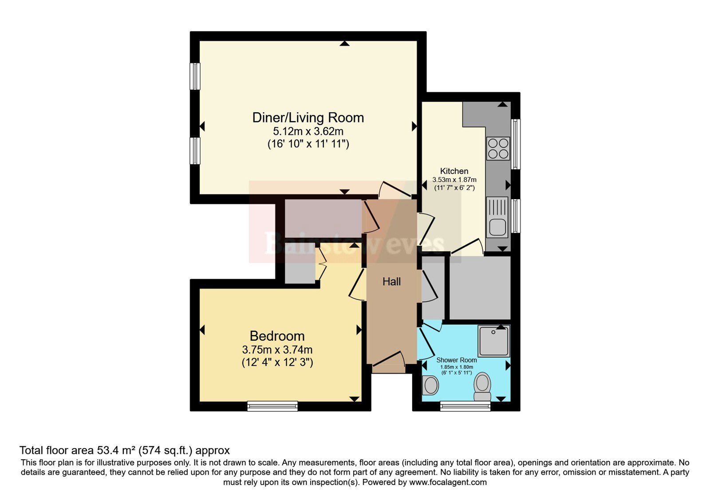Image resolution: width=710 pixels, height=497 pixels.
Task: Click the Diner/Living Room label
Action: (x=308, y=118)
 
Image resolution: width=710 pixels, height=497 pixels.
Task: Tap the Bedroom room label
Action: (x=277, y=336)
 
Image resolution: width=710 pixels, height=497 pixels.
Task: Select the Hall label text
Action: (x=391, y=281)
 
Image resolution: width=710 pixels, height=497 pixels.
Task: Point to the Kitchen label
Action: (x=454, y=171)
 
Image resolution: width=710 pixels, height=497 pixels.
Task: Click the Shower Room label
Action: (x=457, y=360)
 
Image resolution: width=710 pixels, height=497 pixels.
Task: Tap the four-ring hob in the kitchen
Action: (x=498, y=148)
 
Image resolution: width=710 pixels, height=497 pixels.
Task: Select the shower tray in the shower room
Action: (x=494, y=341)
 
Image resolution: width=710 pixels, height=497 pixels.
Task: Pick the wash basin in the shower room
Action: (x=430, y=385)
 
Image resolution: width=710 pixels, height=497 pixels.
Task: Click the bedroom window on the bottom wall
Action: (x=272, y=406)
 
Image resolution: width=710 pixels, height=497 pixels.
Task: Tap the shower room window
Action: (x=465, y=406)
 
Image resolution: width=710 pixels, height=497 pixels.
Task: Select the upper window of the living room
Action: (x=195, y=76)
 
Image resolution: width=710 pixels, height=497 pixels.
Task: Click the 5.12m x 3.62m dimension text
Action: (x=308, y=131)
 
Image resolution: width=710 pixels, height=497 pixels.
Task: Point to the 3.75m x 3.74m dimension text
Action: (x=277, y=350)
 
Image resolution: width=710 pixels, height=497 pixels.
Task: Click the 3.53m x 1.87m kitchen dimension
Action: (x=454, y=180)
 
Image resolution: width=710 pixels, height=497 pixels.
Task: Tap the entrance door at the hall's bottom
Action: (x=389, y=362)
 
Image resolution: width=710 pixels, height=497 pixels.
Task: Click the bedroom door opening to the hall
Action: (x=358, y=284)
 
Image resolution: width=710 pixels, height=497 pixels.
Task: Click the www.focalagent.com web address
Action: (x=448, y=482)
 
